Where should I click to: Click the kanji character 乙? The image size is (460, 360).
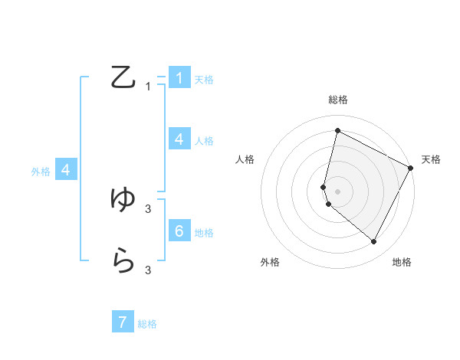123,77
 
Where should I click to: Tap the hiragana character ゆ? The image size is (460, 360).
123,200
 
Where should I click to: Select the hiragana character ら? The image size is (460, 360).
123,261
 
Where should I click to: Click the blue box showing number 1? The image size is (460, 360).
179,77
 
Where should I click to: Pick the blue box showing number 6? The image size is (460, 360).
179,231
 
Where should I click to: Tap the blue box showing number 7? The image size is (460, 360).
123,322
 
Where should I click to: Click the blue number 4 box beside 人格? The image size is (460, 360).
179,139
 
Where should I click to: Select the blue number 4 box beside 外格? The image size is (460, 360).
66,170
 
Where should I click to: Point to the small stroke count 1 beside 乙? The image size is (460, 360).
148,87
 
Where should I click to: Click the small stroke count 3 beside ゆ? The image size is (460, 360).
148,208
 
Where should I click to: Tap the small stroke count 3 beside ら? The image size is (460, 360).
148,270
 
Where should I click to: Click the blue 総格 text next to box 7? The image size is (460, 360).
147,324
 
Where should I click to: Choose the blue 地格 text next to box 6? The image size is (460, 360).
204,233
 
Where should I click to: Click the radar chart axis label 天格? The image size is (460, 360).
431,159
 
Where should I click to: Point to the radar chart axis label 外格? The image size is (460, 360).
270,263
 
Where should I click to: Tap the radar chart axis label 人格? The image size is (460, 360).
245,159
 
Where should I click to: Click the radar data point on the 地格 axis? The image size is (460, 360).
374,242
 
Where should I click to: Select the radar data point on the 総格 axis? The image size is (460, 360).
337,131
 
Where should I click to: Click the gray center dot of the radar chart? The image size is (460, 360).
337,191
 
